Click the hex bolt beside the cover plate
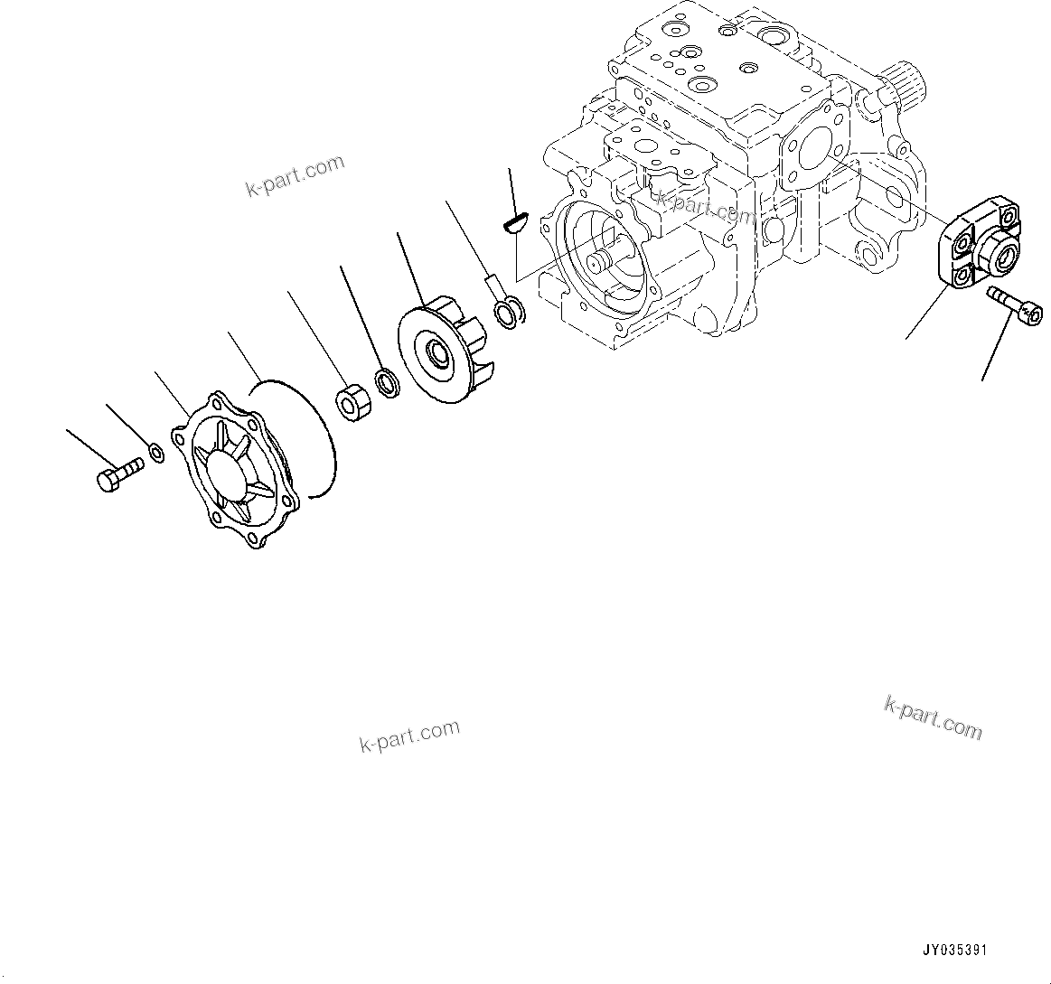coord(117,473)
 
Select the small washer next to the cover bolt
coord(155,452)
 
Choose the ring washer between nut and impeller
coord(389,382)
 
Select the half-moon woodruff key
coord(514,220)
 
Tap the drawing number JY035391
coord(954,951)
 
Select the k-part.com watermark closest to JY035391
coord(933,717)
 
